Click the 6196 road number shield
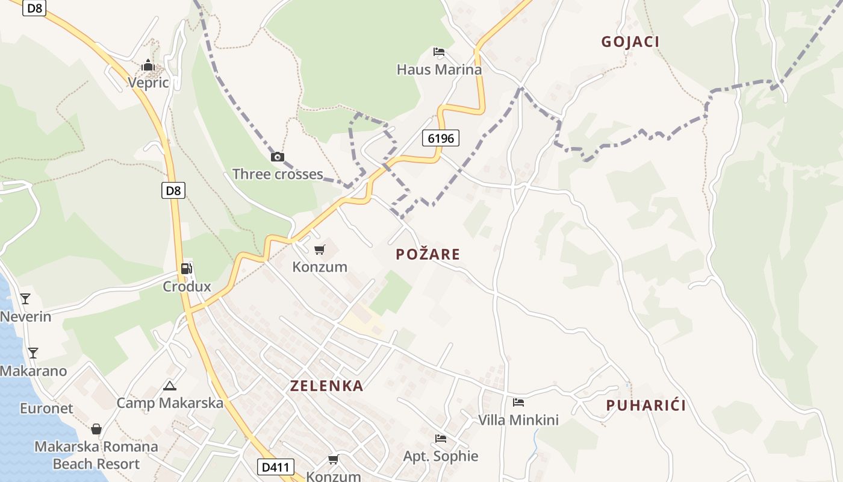click(x=440, y=138)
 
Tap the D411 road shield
click(x=276, y=466)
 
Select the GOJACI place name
click(x=630, y=42)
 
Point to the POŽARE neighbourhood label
click(x=428, y=254)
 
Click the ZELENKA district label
click(x=326, y=386)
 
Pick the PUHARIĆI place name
click(x=645, y=405)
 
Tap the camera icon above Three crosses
click(x=277, y=157)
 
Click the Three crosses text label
click(x=278, y=174)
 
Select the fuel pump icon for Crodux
click(x=187, y=269)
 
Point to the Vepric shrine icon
click(x=148, y=65)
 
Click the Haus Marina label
click(x=439, y=69)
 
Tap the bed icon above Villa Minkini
click(x=518, y=402)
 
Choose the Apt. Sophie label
click(x=440, y=456)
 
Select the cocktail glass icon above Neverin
click(x=25, y=298)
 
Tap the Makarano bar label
click(x=33, y=371)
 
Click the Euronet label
click(x=46, y=408)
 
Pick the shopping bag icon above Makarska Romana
click(x=96, y=429)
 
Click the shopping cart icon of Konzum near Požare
click(x=320, y=249)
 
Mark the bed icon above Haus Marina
click(x=439, y=52)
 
